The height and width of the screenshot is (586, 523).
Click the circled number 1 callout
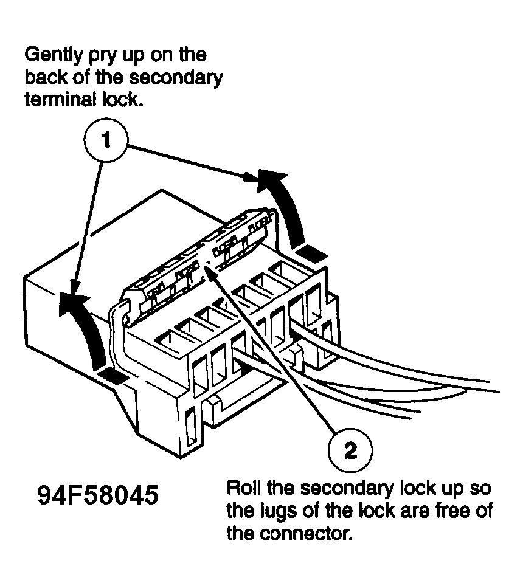tap(106, 141)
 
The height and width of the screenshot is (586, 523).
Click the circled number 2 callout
tap(349, 450)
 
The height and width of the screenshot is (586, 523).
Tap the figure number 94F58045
tap(98, 495)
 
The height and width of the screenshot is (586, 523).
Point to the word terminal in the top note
tap(58, 100)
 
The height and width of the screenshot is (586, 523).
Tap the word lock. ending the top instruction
tap(122, 100)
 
